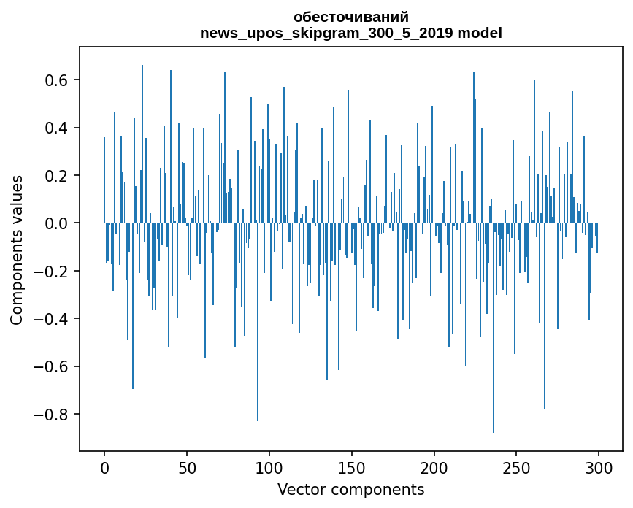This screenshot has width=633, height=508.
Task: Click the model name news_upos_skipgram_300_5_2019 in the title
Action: click(x=327, y=33)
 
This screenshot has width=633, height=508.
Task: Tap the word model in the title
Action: click(x=480, y=33)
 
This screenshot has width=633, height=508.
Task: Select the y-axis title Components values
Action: click(x=17, y=249)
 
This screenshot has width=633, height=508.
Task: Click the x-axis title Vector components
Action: click(x=350, y=489)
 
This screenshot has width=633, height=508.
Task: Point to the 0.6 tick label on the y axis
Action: click(x=55, y=80)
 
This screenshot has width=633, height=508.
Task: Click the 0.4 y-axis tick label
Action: click(x=55, y=128)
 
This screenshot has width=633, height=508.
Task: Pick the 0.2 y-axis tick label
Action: click(x=55, y=175)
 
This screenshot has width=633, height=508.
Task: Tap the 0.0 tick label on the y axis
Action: click(x=55, y=223)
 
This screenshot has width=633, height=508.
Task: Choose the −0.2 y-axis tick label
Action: click(x=51, y=271)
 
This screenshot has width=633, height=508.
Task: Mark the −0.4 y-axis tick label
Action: click(x=51, y=319)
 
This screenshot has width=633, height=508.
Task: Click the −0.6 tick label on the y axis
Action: click(x=51, y=366)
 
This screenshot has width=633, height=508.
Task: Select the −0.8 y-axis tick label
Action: click(x=51, y=415)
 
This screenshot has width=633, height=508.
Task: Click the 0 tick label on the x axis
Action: click(x=104, y=466)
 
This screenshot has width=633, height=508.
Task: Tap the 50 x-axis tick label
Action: click(x=187, y=466)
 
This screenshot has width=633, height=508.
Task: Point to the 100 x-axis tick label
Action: click(x=269, y=466)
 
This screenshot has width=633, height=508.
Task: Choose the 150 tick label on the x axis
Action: click(x=352, y=466)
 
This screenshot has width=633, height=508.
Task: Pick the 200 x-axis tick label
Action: click(x=434, y=466)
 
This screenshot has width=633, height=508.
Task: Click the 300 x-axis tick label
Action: click(x=599, y=466)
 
